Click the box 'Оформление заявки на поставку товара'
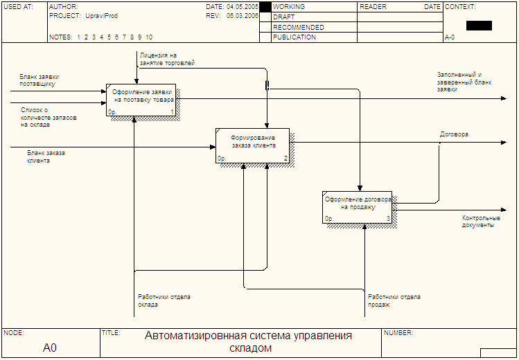[x=141, y=100]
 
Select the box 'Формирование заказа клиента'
[x=252, y=145]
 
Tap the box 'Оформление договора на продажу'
[x=357, y=207]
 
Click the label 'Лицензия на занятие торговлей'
[x=167, y=59]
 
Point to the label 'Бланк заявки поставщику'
[x=39, y=80]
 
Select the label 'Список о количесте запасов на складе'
[x=49, y=117]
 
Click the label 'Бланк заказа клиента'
[x=46, y=157]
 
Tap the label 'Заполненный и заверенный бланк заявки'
[x=464, y=82]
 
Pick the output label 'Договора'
[x=454, y=134]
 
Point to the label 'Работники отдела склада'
[x=164, y=301]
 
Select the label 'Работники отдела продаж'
[x=394, y=301]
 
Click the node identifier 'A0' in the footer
[x=50, y=348]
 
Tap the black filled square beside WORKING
[x=265, y=8]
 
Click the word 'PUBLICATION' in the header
[x=294, y=37]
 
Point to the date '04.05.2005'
[x=243, y=7]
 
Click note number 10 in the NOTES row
[x=149, y=37]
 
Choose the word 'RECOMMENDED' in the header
[x=299, y=27]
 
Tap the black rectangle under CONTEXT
[x=479, y=26]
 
